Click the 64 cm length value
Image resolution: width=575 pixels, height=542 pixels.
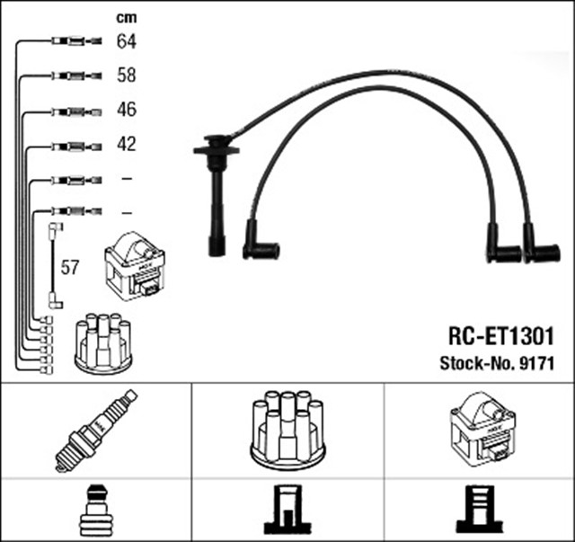click(x=126, y=41)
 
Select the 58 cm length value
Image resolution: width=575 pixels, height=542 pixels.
click(x=126, y=76)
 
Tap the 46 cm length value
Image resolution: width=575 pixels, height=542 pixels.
click(x=126, y=111)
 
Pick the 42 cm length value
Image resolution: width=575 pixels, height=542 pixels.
click(x=126, y=145)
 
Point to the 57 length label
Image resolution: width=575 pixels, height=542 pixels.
click(x=70, y=267)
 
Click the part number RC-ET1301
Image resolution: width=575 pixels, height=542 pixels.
click(x=500, y=337)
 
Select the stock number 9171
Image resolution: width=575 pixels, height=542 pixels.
click(x=534, y=364)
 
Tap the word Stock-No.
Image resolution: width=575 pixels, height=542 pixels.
click(x=477, y=364)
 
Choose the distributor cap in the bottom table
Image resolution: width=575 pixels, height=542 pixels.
click(x=287, y=429)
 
